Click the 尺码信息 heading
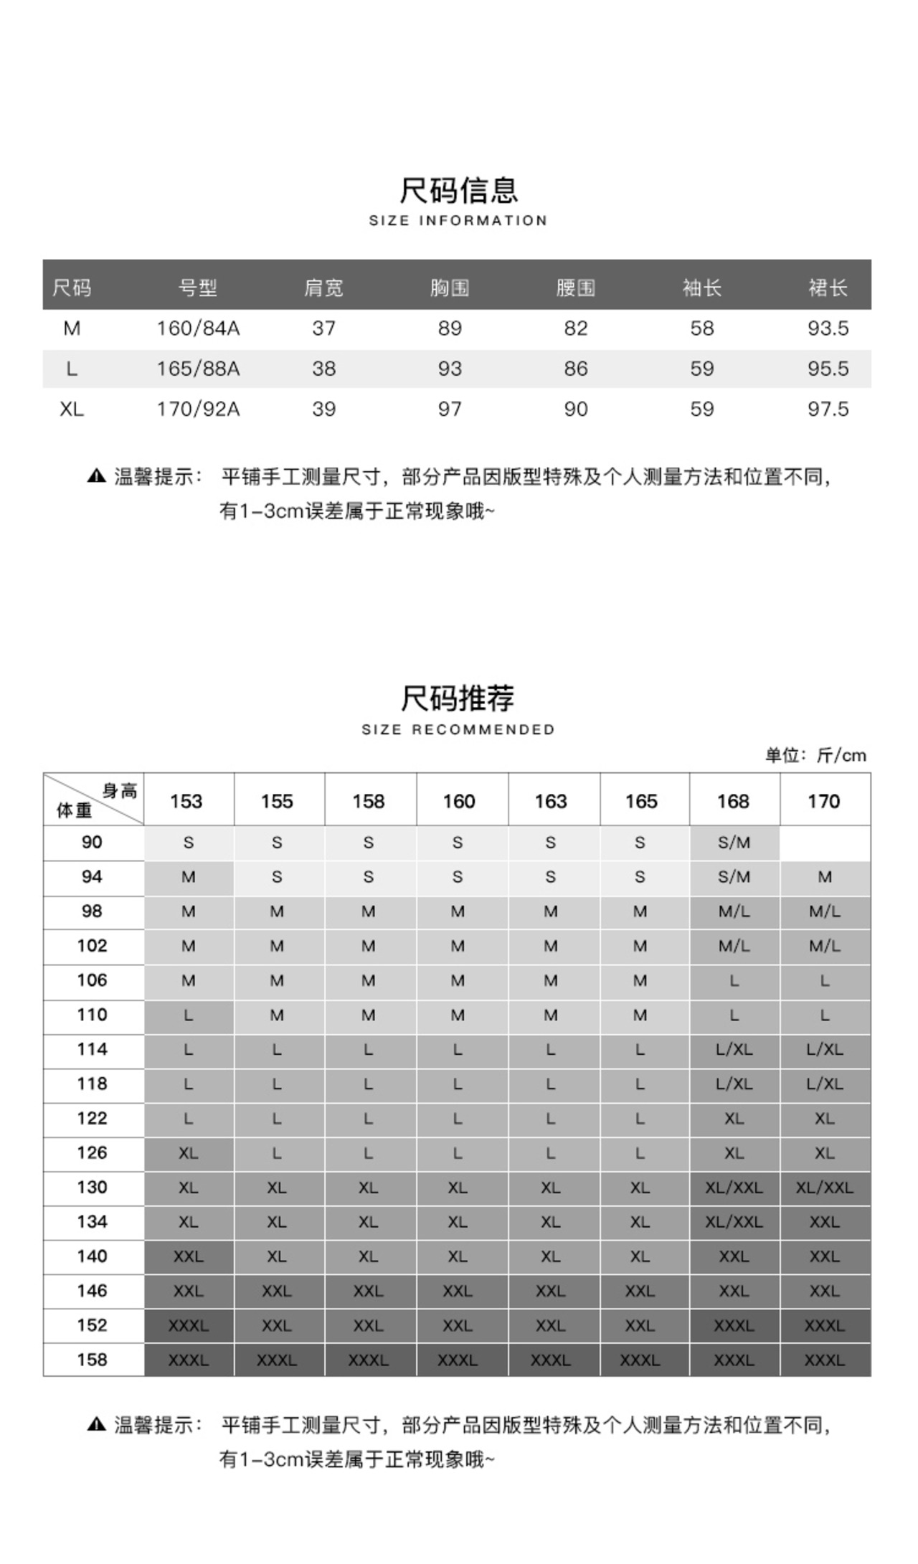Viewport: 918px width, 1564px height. click(458, 191)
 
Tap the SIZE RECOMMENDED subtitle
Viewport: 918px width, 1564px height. click(458, 729)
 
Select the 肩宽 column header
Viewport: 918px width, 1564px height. click(323, 288)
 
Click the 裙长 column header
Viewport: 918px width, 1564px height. click(828, 288)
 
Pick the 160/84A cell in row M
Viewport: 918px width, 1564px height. click(198, 328)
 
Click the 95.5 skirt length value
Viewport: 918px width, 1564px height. click(828, 369)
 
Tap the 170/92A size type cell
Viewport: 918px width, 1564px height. click(198, 409)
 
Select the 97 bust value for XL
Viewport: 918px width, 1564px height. click(450, 409)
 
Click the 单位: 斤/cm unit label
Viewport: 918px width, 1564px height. click(815, 755)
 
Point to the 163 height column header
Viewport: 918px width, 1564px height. click(550, 801)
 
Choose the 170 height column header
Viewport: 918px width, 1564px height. click(823, 801)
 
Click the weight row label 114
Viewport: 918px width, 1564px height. click(93, 1049)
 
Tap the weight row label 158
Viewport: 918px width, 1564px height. click(93, 1360)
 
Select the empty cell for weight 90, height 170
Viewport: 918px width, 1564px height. click(825, 843)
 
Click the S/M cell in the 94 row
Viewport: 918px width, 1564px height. click(734, 877)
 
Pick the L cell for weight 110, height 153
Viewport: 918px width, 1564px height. click(189, 1015)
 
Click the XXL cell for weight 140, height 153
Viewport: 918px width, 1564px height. click(189, 1256)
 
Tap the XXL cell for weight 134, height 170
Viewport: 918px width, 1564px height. click(825, 1222)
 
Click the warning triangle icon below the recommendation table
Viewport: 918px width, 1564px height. click(96, 1424)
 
